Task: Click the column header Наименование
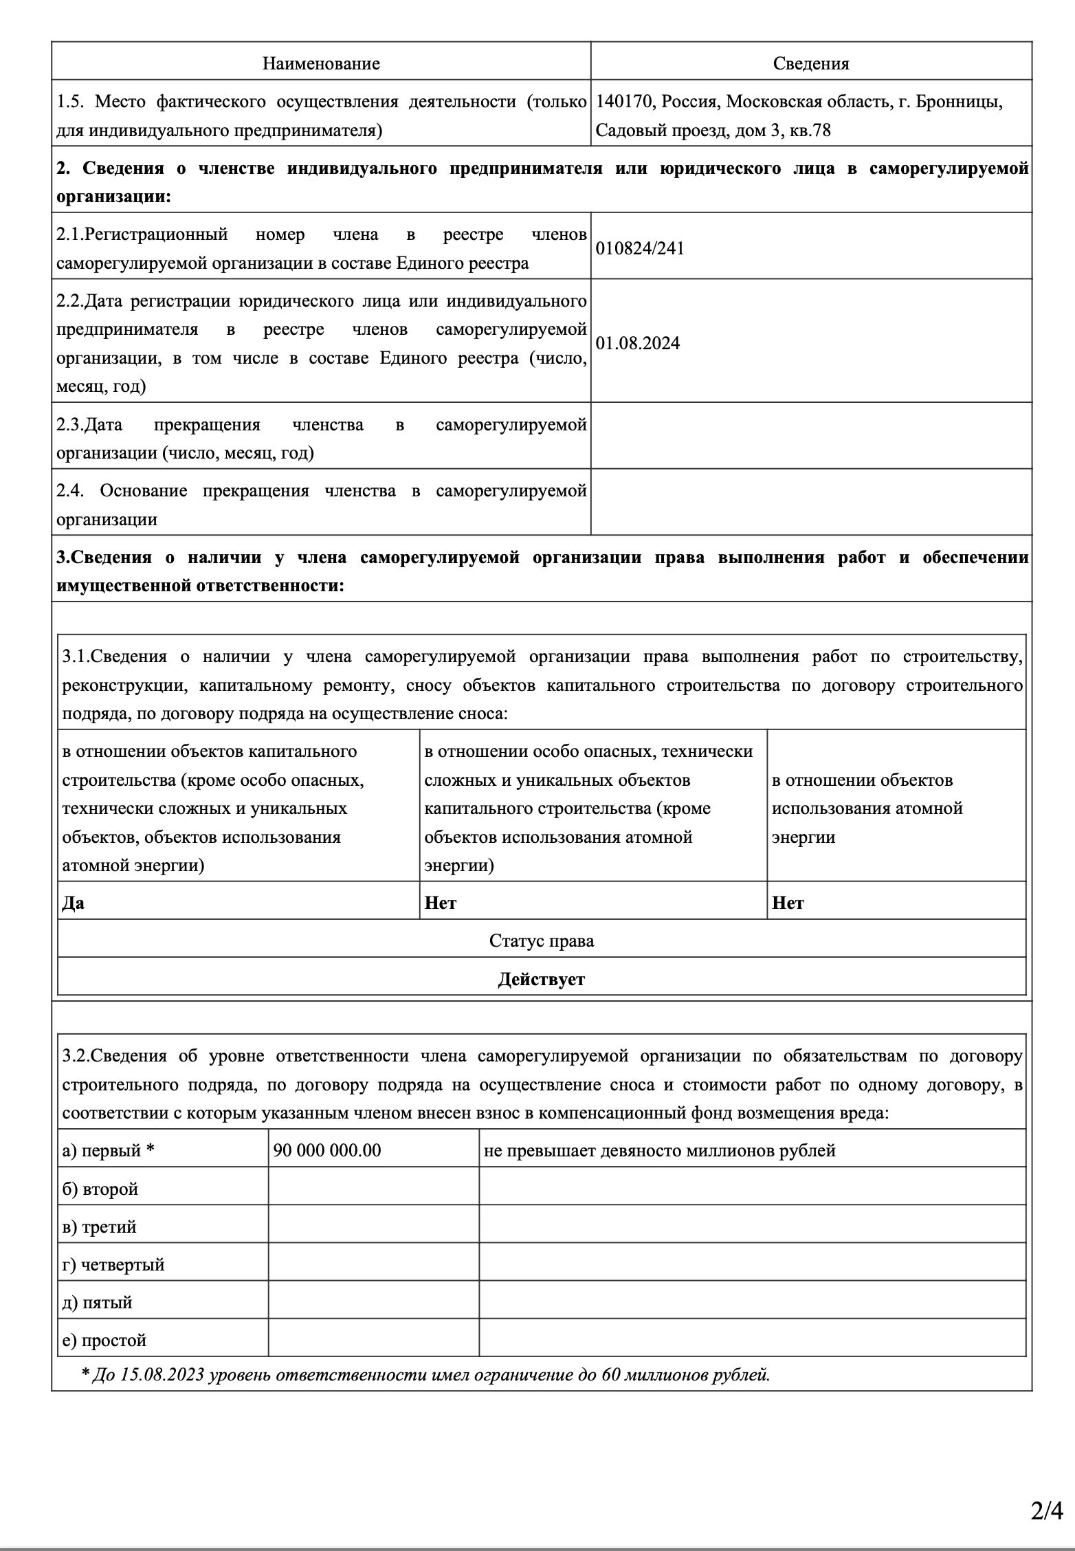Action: pyautogui.click(x=321, y=64)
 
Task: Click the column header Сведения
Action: pyautogui.click(x=811, y=64)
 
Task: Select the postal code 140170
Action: pyautogui.click(x=623, y=102)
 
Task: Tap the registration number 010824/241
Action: pyautogui.click(x=640, y=248)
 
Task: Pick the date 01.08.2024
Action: pyautogui.click(x=638, y=343)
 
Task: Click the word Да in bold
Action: pyautogui.click(x=74, y=903)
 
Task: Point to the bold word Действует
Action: pyautogui.click(x=542, y=979)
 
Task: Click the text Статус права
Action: pyautogui.click(x=542, y=940)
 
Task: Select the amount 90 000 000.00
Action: pyautogui.click(x=327, y=1150)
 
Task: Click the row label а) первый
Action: pyautogui.click(x=108, y=1150)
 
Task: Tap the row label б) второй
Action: pyautogui.click(x=100, y=1189)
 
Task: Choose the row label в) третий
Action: pyautogui.click(x=100, y=1226)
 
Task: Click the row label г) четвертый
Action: pyautogui.click(x=113, y=1264)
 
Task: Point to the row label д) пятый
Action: pyautogui.click(x=98, y=1302)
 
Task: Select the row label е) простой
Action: pyautogui.click(x=104, y=1340)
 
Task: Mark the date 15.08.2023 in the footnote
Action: pyautogui.click(x=162, y=1375)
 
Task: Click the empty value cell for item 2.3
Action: pyautogui.click(x=811, y=436)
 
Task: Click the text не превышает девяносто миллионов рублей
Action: pyautogui.click(x=660, y=1150)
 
